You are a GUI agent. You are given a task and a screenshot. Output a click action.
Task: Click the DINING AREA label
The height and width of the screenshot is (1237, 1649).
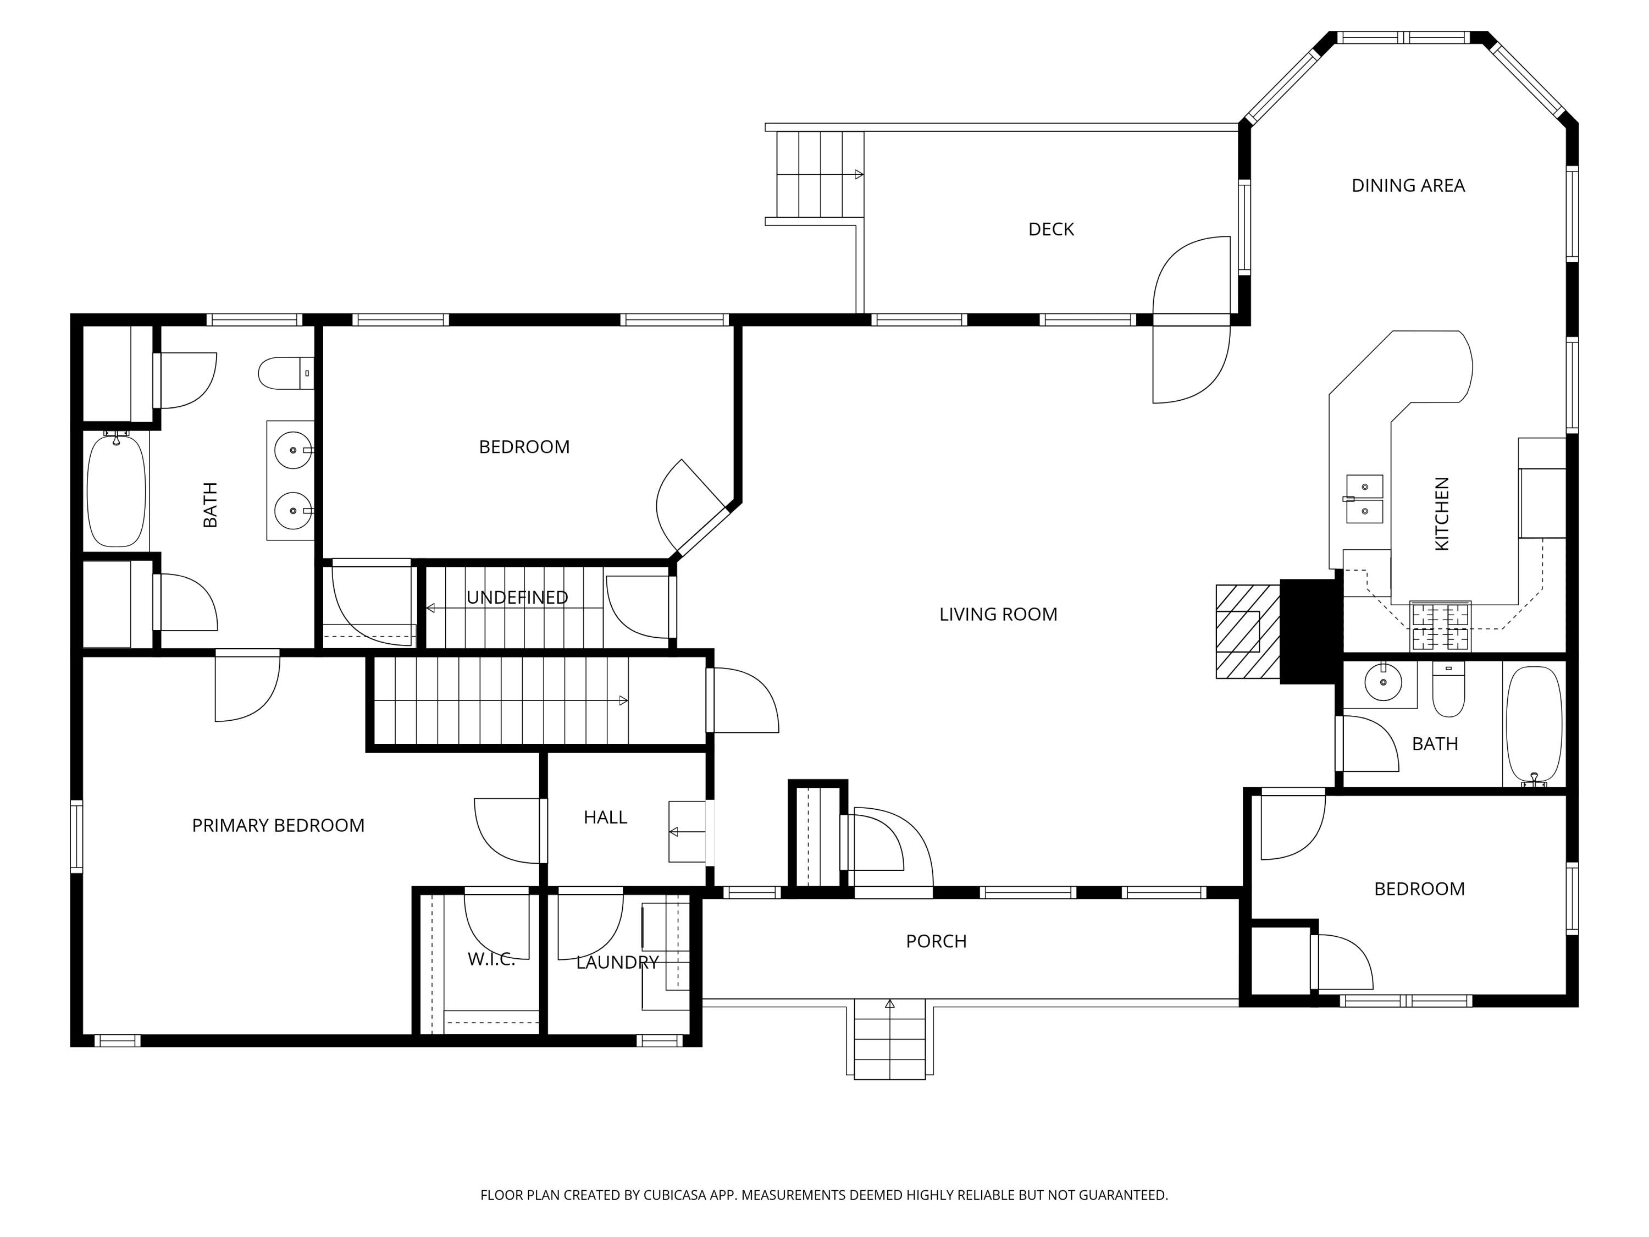[1408, 186]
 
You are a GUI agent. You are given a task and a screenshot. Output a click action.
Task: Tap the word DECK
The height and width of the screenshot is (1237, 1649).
[1051, 230]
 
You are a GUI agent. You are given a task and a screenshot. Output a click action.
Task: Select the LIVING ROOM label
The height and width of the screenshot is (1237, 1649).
[998, 615]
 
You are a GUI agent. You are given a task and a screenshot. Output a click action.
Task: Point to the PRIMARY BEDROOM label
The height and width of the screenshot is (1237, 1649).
[278, 825]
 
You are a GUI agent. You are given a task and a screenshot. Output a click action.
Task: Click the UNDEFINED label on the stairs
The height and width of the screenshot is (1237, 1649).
[517, 597]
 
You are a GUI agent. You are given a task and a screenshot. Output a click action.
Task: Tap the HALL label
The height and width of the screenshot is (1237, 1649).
[605, 817]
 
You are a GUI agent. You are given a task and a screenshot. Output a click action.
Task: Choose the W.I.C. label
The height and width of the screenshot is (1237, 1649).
[491, 959]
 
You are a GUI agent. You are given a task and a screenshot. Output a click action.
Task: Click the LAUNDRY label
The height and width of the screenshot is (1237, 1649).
[617, 963]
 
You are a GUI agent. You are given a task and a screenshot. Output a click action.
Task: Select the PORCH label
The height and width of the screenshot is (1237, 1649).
[936, 941]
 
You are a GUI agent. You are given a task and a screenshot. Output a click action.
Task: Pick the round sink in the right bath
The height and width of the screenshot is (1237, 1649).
[1384, 681]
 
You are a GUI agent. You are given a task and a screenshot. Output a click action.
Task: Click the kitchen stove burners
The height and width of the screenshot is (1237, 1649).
[1440, 626]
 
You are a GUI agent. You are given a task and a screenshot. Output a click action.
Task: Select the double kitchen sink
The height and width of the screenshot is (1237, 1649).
[1364, 499]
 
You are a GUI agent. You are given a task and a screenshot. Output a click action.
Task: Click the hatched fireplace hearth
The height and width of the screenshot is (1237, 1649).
[1248, 632]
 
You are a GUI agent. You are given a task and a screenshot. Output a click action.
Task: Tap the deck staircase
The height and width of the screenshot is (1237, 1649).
[820, 174]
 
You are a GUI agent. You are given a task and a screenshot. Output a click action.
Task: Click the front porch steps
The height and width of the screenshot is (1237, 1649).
[889, 1039]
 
